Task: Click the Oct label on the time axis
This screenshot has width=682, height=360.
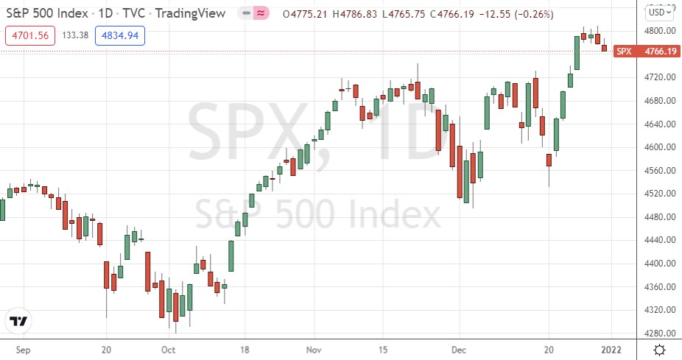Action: [x=168, y=350]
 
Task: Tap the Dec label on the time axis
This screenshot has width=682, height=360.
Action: [x=459, y=350]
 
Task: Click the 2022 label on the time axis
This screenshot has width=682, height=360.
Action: [x=611, y=350]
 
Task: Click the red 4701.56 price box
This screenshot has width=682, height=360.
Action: [x=29, y=33]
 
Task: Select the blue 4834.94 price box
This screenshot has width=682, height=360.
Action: [x=120, y=33]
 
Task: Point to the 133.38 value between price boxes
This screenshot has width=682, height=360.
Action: [x=75, y=33]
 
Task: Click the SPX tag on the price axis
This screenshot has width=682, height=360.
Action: [x=624, y=52]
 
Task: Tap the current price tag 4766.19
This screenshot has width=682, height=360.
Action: [x=659, y=52]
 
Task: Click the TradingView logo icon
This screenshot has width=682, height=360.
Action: [x=18, y=321]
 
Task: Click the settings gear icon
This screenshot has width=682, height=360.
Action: [x=661, y=350]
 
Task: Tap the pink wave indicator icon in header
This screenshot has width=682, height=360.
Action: [x=260, y=12]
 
